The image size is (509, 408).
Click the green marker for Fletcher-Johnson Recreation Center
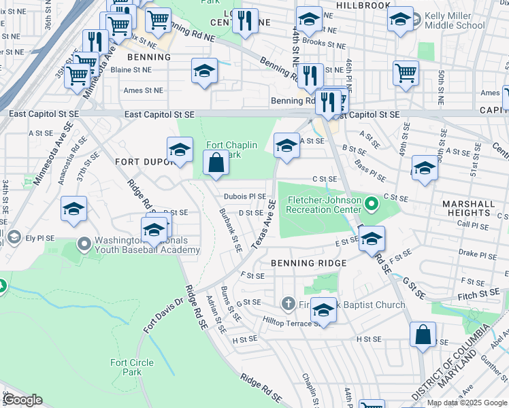tap(371, 203)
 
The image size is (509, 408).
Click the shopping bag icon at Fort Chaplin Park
tap(216, 163)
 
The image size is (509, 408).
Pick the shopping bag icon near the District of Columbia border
tap(423, 335)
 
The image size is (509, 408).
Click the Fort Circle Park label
tap(127, 367)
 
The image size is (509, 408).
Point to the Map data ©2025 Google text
tap(466, 403)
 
